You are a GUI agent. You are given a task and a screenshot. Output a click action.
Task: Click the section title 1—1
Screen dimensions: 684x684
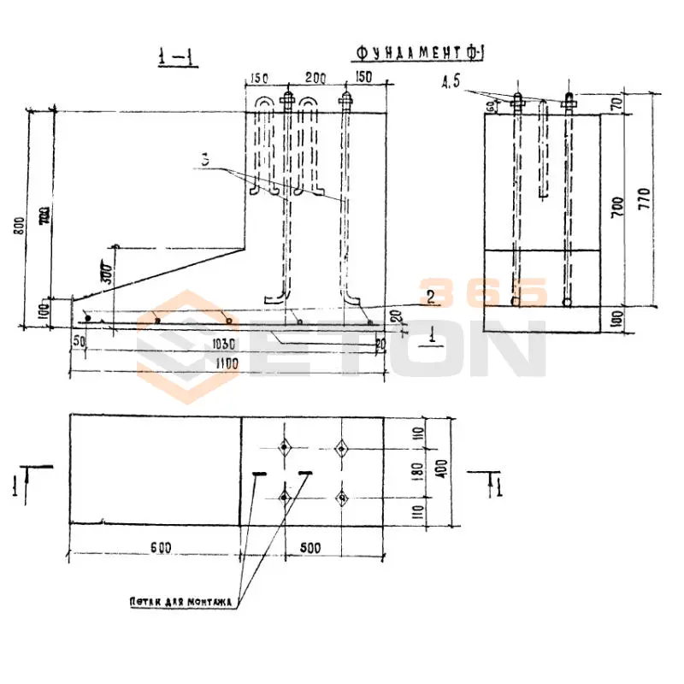tap(177, 58)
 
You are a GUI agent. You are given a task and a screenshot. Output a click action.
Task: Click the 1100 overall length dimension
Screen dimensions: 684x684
tap(226, 363)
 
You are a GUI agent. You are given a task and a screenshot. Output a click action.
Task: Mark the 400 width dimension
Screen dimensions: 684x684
tap(443, 469)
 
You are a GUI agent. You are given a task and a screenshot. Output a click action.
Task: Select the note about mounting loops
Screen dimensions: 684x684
tap(180, 602)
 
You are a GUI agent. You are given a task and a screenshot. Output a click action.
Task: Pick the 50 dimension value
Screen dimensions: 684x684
tap(80, 342)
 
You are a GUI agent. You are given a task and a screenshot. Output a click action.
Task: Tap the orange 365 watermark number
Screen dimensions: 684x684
tap(483, 292)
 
